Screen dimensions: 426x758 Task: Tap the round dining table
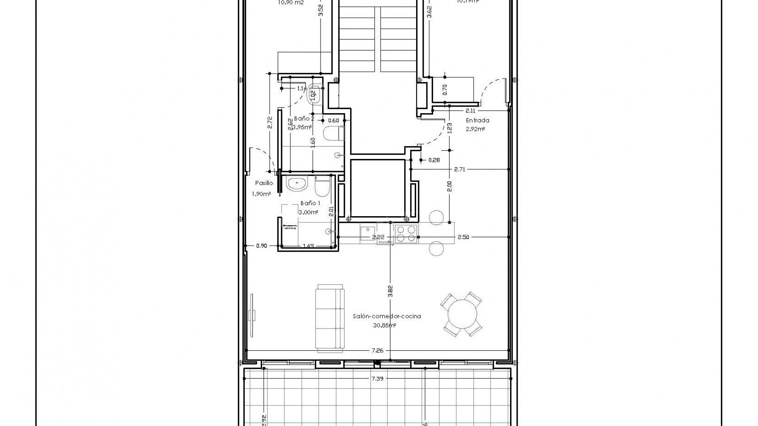coord(462,314)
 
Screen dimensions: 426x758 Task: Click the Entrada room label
coord(477,121)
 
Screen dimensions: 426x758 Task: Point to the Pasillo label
coord(264,183)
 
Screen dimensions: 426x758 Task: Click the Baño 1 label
coord(310,203)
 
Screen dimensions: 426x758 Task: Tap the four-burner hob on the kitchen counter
coord(406,234)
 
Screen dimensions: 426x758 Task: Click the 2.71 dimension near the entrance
coord(460,169)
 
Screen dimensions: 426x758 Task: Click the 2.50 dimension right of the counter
coord(463,237)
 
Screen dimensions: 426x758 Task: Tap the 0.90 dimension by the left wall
coord(262,246)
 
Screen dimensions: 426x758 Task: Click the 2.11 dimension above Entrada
coord(470,111)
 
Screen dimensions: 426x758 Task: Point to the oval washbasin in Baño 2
coord(315,94)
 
